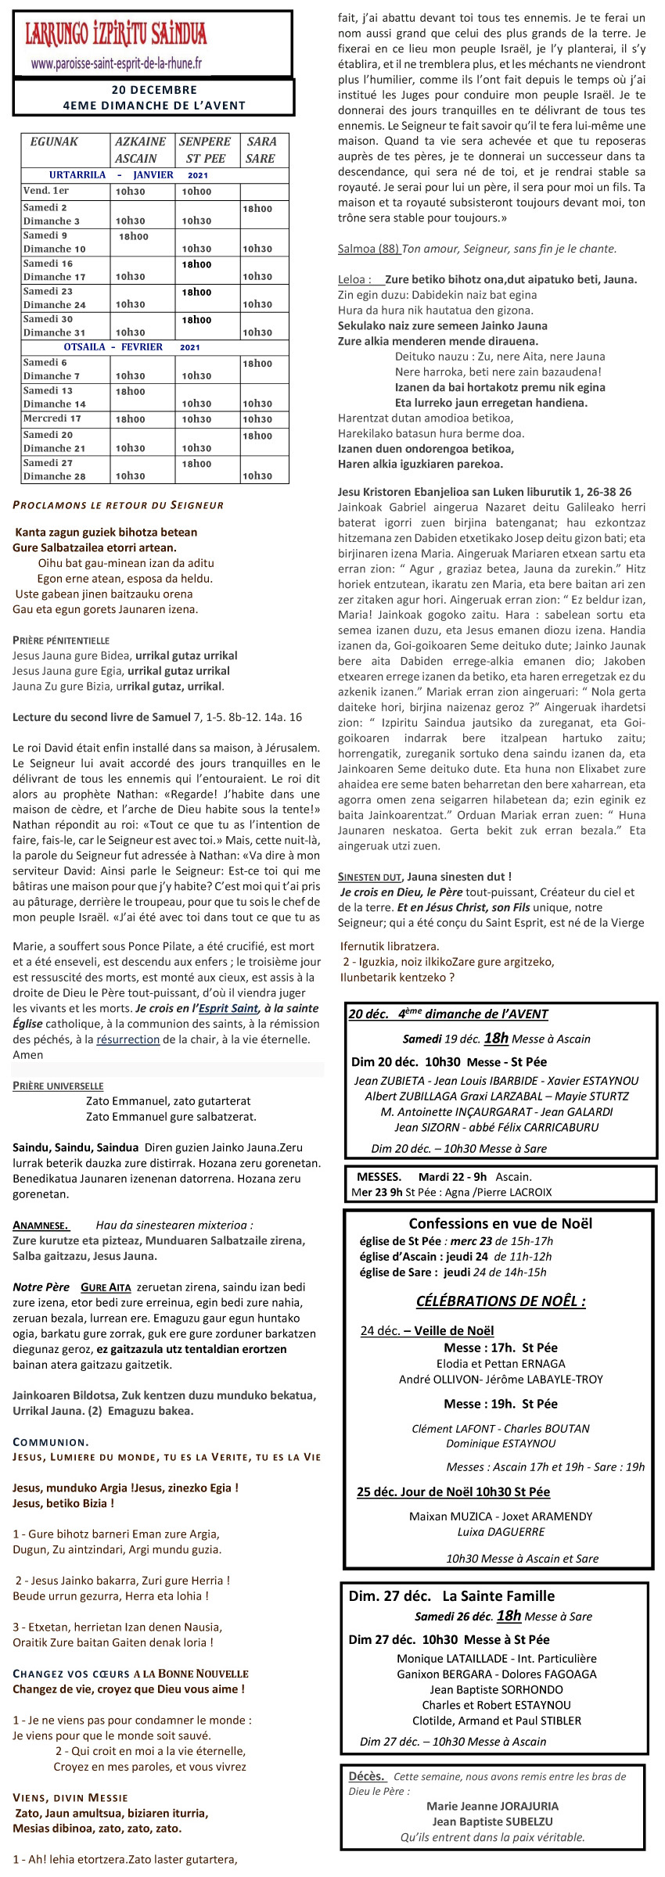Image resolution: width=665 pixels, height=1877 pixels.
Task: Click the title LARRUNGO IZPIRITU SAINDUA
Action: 117,35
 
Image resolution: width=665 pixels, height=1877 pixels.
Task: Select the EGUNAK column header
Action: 54,142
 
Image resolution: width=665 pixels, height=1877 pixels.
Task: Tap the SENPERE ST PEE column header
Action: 205,149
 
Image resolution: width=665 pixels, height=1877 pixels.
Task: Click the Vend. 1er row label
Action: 46,191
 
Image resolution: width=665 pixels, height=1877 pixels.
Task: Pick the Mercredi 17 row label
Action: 52,418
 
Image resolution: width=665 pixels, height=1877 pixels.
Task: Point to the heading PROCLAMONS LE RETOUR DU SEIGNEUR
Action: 118,505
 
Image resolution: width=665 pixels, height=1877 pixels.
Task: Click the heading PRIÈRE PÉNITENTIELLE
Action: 61,641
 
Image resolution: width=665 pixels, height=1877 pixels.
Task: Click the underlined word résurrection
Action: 128,1039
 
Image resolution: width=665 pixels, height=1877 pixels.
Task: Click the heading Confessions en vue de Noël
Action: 500,1223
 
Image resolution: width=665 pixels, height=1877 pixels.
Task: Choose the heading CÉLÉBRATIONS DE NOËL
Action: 501,1301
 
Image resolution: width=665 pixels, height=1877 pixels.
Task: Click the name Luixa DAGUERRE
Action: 501,1531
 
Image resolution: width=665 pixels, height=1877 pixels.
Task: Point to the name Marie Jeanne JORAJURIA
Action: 492,1806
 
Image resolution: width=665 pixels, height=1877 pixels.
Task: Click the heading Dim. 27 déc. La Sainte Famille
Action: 451,1595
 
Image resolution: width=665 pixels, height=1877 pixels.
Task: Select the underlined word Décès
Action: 366,1775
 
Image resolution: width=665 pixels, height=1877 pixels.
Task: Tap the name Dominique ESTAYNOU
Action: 501,1444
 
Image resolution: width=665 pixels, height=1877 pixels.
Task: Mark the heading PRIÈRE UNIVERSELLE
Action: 58,1086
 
